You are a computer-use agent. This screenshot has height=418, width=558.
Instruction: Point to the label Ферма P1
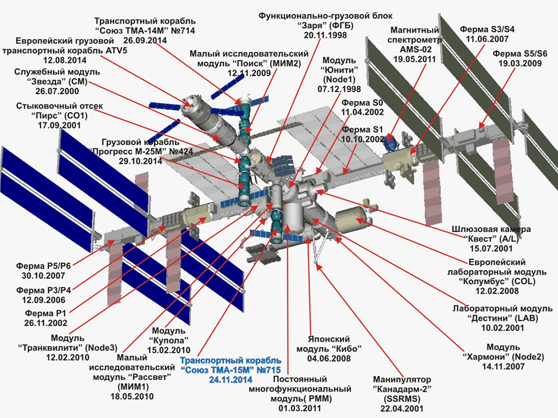[42, 312]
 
